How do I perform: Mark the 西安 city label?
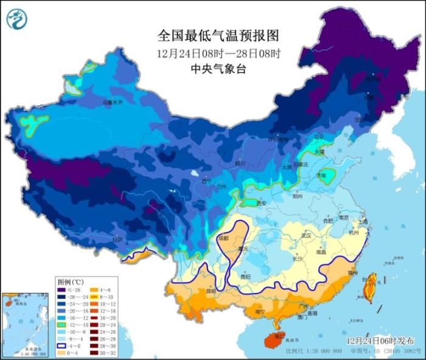click(x=262, y=203)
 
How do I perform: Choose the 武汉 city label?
click(x=306, y=235)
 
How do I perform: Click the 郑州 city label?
click(x=297, y=197)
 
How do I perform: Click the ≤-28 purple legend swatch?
click(x=63, y=290)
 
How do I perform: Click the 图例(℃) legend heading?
click(x=70, y=282)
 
